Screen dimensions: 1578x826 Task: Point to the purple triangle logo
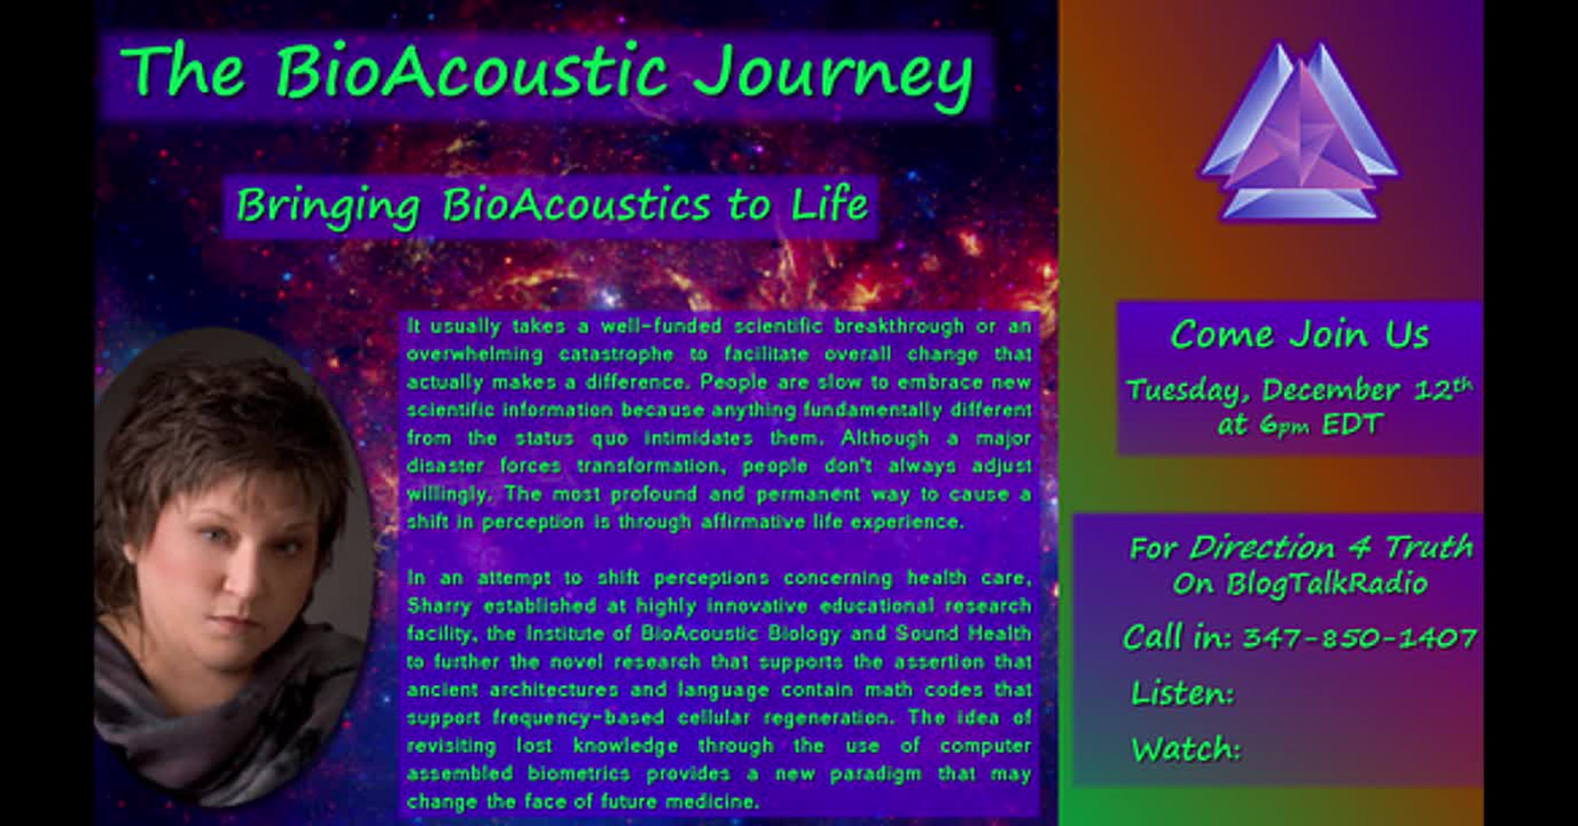[x=1299, y=132]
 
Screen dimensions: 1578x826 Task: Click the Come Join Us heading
[x=1299, y=335]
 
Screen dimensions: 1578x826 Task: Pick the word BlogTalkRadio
[x=1327, y=585]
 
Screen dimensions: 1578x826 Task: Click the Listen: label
[x=1182, y=693]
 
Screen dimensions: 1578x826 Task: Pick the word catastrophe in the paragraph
[x=616, y=355]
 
